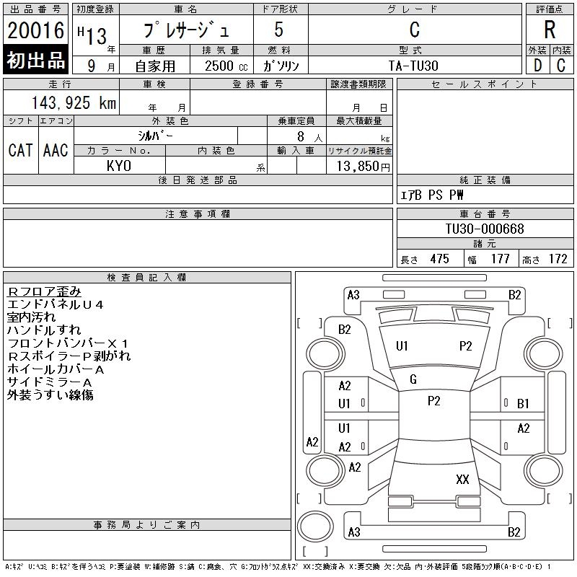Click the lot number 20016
(35, 30)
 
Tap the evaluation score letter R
(550, 30)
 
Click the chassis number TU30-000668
(484, 229)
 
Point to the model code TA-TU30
(414, 65)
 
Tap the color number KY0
(119, 166)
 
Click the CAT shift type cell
(20, 150)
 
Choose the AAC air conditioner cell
(56, 150)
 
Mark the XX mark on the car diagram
(462, 479)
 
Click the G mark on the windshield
(413, 379)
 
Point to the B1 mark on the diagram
(523, 404)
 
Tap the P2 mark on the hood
(466, 346)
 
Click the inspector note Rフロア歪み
(44, 291)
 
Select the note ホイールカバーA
(56, 369)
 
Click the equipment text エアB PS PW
(432, 195)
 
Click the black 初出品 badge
(35, 61)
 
